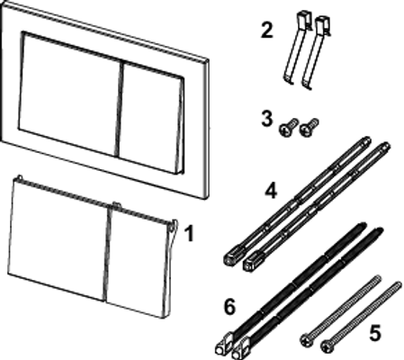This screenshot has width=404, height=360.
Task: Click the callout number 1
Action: click(189, 234)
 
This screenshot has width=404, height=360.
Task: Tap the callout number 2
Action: click(266, 31)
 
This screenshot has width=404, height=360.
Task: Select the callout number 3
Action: click(266, 119)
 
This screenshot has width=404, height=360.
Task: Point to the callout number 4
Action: click(271, 191)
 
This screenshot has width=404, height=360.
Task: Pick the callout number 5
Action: click(375, 333)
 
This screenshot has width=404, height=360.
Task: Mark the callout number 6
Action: click(229, 307)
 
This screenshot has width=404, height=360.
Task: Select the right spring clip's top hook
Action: click(323, 23)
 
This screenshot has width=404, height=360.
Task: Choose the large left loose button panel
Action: click(58, 239)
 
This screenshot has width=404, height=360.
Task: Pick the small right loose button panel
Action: click(138, 261)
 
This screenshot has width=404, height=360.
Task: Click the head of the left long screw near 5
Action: click(306, 340)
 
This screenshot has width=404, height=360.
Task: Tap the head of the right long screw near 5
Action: click(327, 346)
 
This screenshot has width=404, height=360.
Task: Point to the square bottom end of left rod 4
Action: click(231, 258)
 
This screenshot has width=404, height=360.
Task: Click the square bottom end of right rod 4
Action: click(250, 264)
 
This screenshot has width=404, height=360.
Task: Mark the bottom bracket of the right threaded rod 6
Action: click(242, 348)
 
